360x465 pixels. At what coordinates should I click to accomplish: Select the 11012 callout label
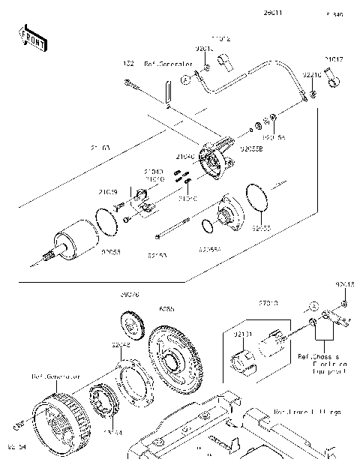220,37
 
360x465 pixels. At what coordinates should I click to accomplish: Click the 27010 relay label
268,303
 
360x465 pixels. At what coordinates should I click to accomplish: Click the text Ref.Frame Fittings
307,412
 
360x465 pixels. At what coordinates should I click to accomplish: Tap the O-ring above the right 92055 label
256,201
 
